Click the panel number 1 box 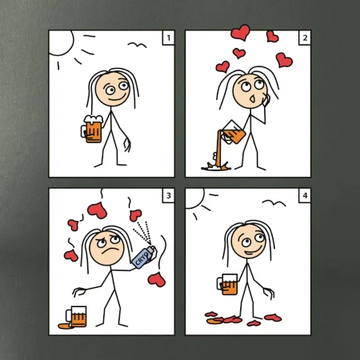169,38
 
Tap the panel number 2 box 305,38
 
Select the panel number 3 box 169,196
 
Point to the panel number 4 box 305,196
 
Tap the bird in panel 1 137,45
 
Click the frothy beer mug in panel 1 92,129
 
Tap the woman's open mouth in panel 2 252,99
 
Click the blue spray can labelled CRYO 144,258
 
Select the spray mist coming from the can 142,232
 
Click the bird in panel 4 274,203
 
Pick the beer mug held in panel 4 228,285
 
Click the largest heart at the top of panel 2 241,32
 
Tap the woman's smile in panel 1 118,98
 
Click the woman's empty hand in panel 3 79,291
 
